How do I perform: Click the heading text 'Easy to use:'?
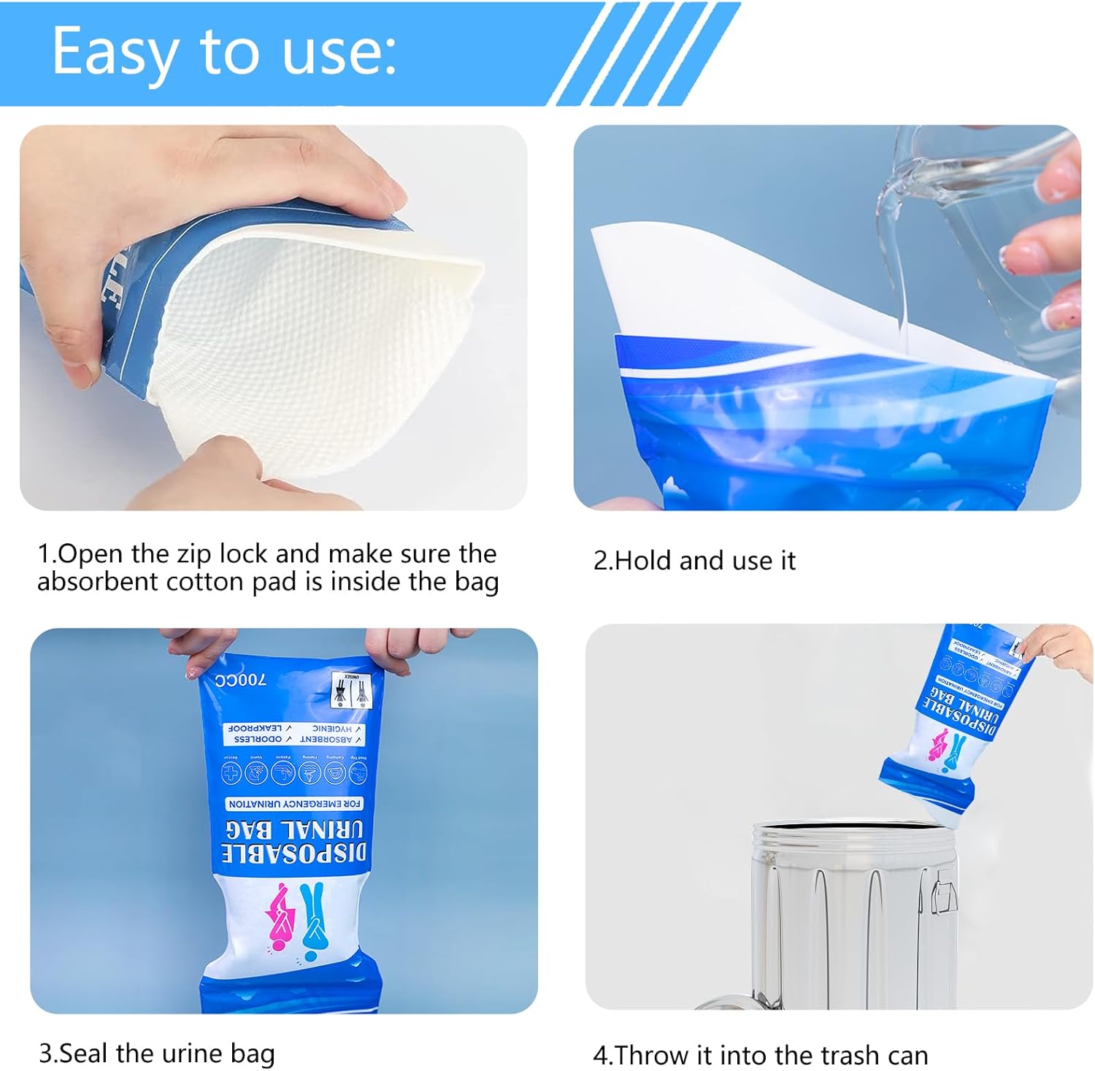click(x=224, y=51)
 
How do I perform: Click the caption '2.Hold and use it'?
click(x=693, y=561)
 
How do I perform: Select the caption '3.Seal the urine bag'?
click(x=157, y=1053)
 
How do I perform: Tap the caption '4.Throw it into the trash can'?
click(x=760, y=1055)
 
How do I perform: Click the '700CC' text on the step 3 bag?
click(x=241, y=680)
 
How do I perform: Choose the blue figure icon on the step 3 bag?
click(x=315, y=913)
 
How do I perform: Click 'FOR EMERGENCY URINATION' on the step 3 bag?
click(x=295, y=804)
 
